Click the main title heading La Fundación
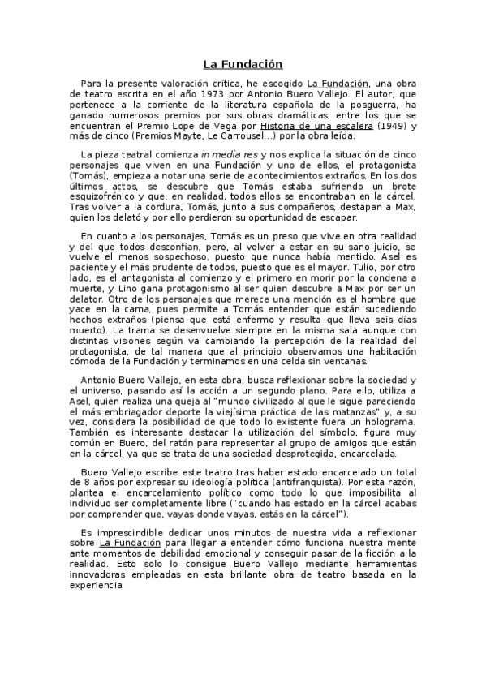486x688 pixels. pos(243,63)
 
